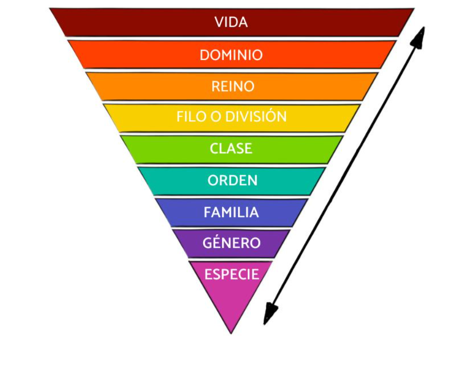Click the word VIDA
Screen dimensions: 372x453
click(x=231, y=23)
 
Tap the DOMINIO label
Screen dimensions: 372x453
click(x=231, y=55)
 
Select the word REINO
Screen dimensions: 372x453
click(x=232, y=87)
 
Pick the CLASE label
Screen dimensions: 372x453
click(x=231, y=149)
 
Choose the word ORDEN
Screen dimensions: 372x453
click(x=232, y=181)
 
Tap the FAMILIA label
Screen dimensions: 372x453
click(x=231, y=212)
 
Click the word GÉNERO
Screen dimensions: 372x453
click(x=231, y=243)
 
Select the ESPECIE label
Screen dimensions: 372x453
click(x=231, y=274)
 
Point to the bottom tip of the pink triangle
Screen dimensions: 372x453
click(x=231, y=333)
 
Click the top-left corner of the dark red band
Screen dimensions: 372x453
click(x=50, y=9)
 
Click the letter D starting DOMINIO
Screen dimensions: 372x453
click(x=204, y=55)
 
